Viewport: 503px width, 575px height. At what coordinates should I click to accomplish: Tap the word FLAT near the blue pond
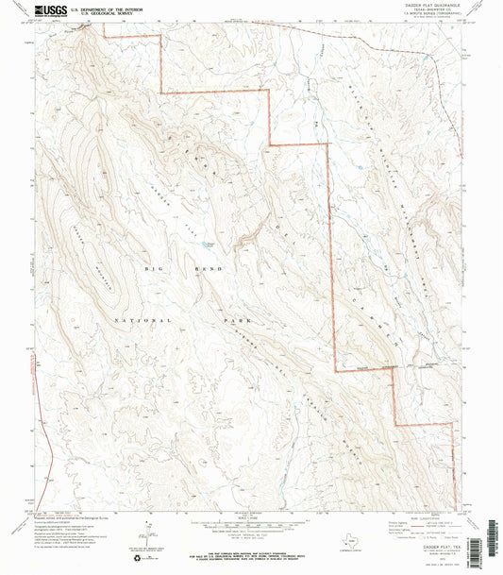pyautogui.click(x=193, y=225)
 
